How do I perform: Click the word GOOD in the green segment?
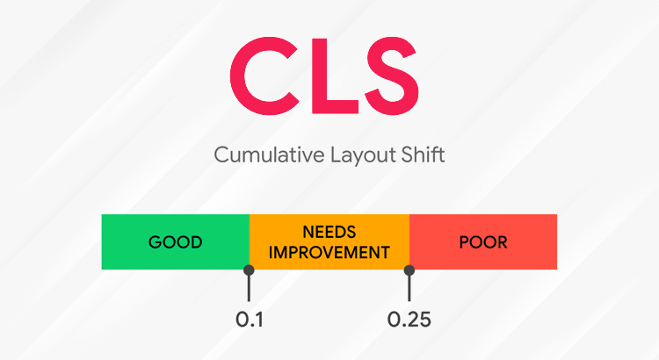175,241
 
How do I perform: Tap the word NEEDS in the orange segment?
329,233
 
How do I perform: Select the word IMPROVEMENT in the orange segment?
329,252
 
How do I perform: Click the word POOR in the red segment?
483,241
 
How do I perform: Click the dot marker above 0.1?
250,270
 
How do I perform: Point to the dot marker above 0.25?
409,270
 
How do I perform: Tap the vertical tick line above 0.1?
250,287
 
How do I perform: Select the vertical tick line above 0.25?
409,287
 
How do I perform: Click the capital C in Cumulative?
220,156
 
